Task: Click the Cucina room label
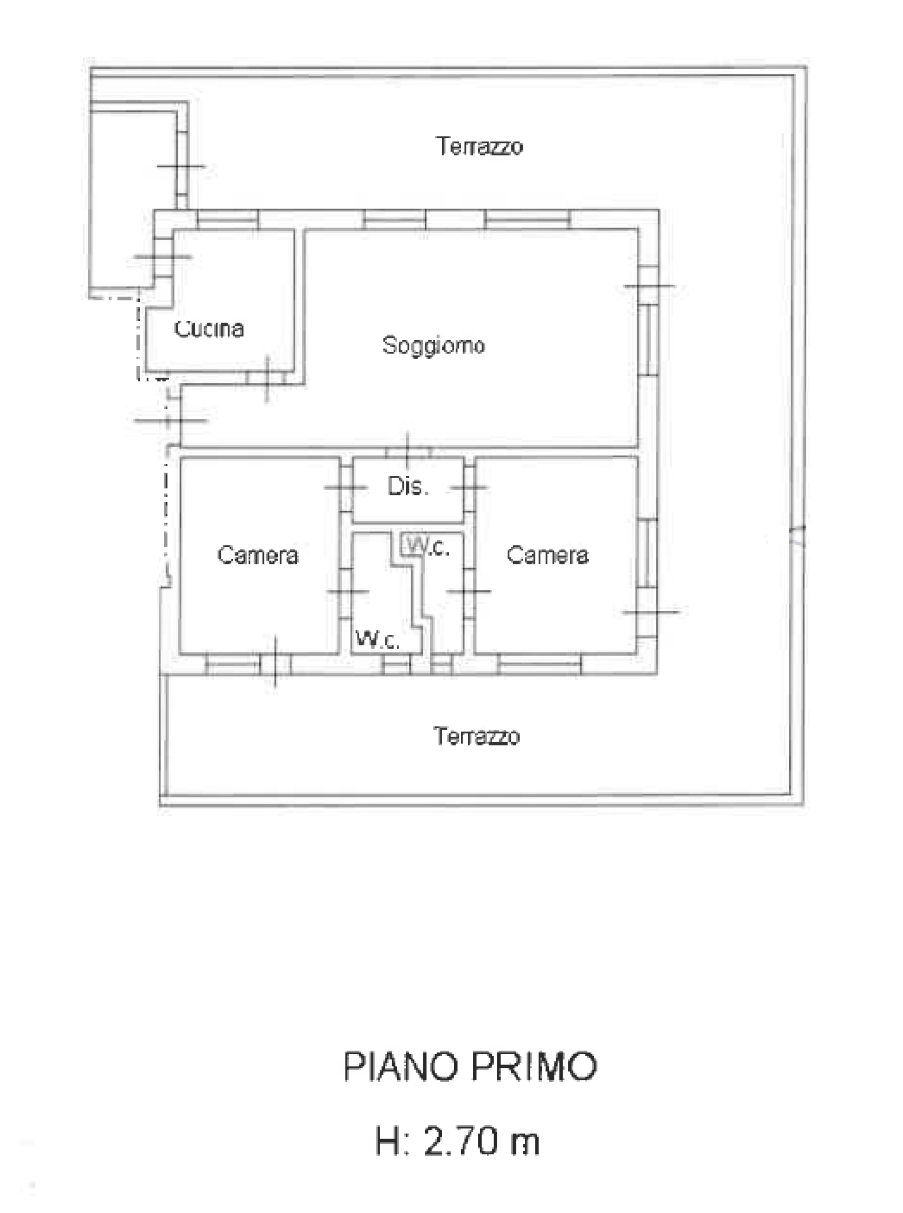click(x=209, y=328)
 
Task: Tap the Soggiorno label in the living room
click(x=433, y=346)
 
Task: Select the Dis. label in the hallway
click(x=408, y=486)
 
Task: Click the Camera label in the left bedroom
click(x=258, y=555)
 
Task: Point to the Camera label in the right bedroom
click(x=547, y=555)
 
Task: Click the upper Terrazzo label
click(x=479, y=146)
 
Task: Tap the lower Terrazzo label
click(x=477, y=736)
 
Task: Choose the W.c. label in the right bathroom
click(x=428, y=546)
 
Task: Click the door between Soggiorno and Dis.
click(x=408, y=452)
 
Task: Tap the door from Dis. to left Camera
click(x=346, y=487)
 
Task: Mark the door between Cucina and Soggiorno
click(x=267, y=378)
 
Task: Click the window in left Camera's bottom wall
click(x=233, y=664)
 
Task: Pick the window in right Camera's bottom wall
click(x=540, y=664)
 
